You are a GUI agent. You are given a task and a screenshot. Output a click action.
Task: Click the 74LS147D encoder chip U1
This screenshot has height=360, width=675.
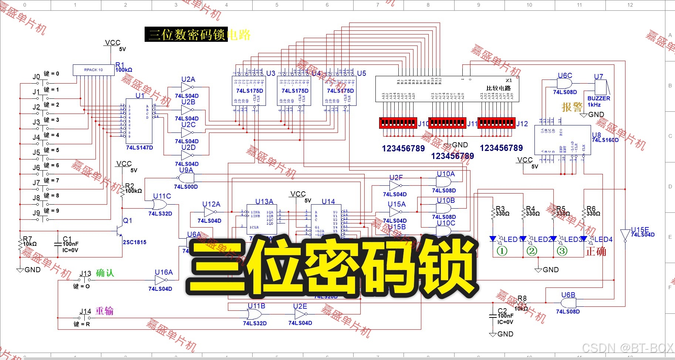tap(139, 121)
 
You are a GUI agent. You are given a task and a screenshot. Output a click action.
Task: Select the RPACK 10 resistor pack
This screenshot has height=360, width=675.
tap(93, 70)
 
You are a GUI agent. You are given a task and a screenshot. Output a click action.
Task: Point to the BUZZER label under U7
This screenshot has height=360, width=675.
tap(598, 98)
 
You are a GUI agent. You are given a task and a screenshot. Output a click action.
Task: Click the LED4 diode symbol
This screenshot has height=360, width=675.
tap(584, 239)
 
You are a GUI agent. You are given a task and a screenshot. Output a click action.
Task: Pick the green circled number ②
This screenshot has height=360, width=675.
tap(531, 251)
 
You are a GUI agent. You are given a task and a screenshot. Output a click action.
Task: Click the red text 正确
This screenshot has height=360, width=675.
tap(596, 252)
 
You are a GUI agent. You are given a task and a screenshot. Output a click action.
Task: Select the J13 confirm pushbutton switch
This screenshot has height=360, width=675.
tap(85, 280)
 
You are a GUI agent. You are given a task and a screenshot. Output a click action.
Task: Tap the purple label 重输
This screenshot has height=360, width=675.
tap(104, 311)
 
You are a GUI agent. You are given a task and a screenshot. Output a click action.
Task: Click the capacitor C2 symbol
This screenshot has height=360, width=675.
tap(493, 316)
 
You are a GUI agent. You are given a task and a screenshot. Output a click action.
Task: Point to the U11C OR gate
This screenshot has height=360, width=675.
tap(159, 205)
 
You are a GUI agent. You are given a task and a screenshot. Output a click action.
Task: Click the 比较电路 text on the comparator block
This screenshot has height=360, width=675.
tap(498, 88)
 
